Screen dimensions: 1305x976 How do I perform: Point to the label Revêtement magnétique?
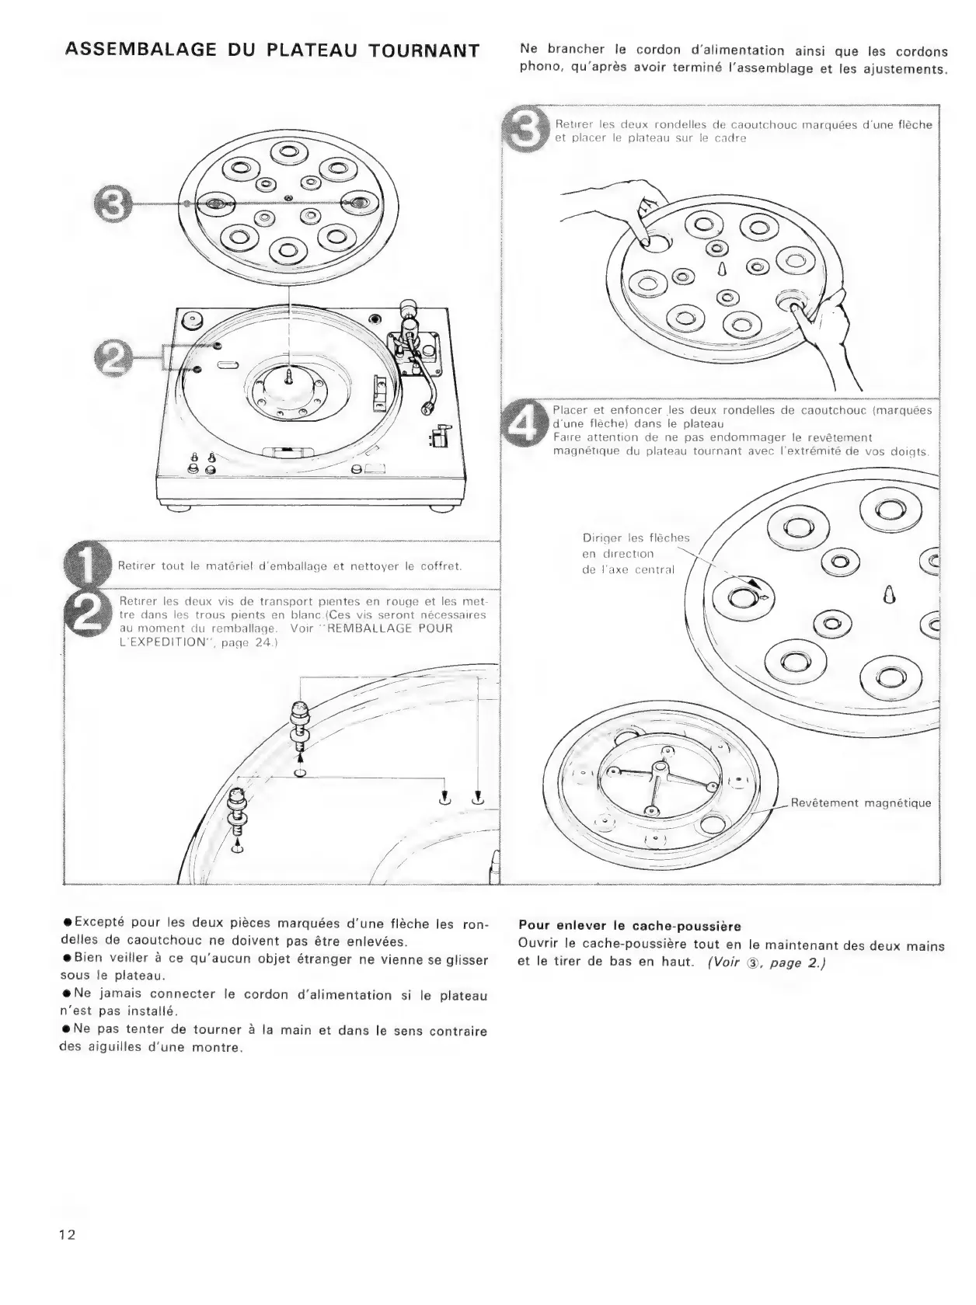pos(860,803)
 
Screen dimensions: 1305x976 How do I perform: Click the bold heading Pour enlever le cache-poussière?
pos(629,926)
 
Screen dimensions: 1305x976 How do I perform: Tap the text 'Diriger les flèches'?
pos(636,538)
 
